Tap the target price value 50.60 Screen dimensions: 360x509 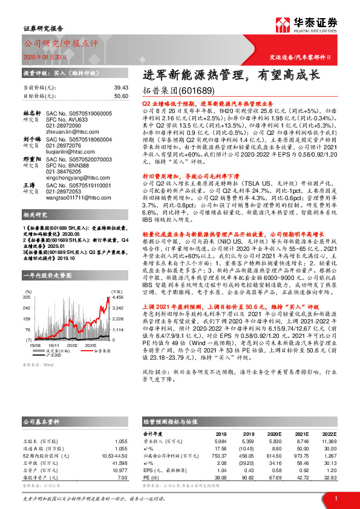pos(121,96)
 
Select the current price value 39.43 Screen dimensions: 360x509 pos(121,88)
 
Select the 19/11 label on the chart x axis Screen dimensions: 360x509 pos(53,345)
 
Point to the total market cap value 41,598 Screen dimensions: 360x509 pos(119,462)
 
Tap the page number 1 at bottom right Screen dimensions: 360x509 pos(335,498)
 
